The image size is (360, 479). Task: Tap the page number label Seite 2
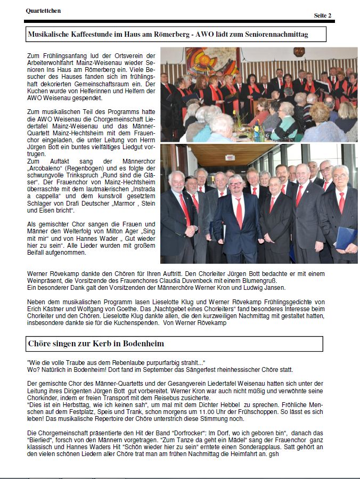pyautogui.click(x=322, y=15)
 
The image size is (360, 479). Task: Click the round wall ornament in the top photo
pyautogui.click(x=299, y=52)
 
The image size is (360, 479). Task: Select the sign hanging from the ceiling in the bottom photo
pyautogui.click(x=230, y=158)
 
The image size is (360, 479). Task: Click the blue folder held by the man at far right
pyautogui.click(x=346, y=237)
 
